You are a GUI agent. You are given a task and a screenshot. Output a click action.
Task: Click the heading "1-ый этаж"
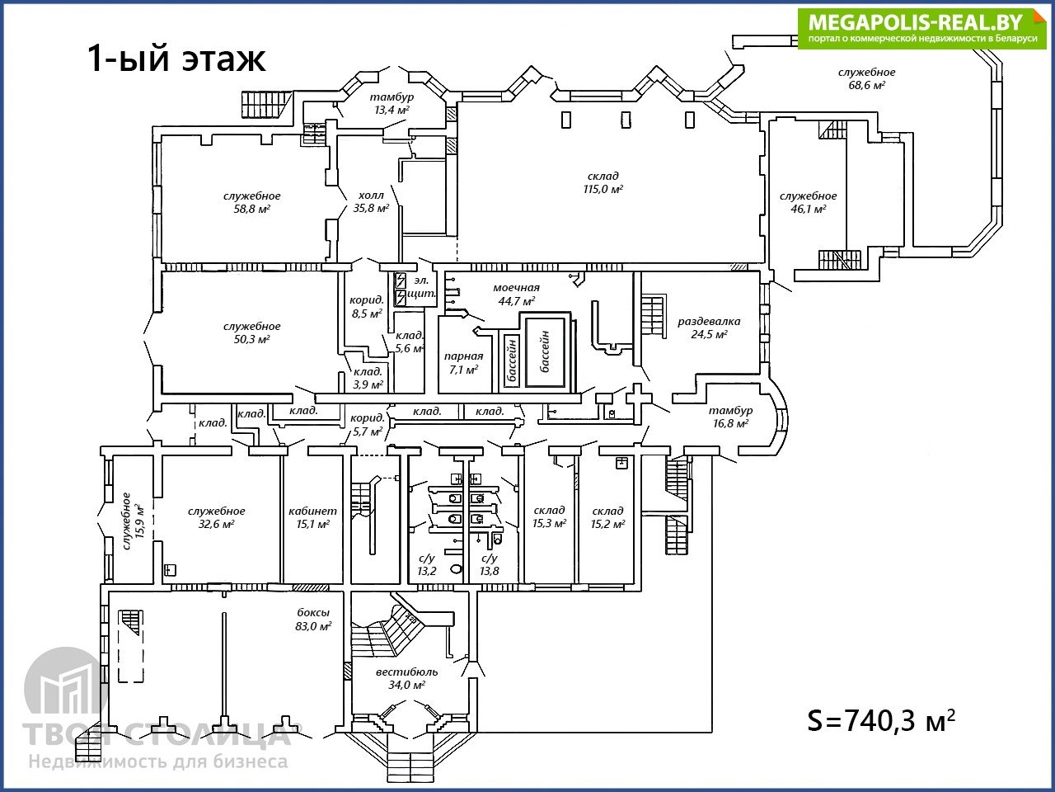pyautogui.click(x=176, y=59)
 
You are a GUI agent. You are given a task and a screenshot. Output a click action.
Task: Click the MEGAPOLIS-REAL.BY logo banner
pyautogui.click(x=921, y=28)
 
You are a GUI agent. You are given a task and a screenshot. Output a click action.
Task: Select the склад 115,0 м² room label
pyautogui.click(x=603, y=182)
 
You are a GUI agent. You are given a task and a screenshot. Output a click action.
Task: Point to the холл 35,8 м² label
pyautogui.click(x=371, y=202)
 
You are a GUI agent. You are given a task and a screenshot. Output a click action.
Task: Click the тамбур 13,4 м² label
pyautogui.click(x=392, y=103)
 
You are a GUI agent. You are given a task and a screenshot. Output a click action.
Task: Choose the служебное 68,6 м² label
pyautogui.click(x=866, y=78)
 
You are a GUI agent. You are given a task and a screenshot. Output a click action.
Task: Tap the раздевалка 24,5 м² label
pyautogui.click(x=709, y=328)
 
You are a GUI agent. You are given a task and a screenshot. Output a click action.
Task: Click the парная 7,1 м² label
pyautogui.click(x=463, y=363)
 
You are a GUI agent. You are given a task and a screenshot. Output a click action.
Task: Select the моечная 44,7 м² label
pyautogui.click(x=517, y=294)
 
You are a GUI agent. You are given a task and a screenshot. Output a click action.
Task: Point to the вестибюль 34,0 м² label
pyautogui.click(x=407, y=678)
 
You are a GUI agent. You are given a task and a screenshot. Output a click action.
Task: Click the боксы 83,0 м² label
pyautogui.click(x=313, y=619)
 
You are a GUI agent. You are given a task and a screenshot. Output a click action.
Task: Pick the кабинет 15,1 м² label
pyautogui.click(x=312, y=517)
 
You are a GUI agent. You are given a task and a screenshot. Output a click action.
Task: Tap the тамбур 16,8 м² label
pyautogui.click(x=730, y=417)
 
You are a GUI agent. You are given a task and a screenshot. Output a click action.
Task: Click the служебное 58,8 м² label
pyautogui.click(x=251, y=202)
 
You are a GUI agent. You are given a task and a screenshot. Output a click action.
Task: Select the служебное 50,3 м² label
pyautogui.click(x=251, y=332)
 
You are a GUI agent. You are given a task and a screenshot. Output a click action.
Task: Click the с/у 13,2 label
pyautogui.click(x=427, y=564)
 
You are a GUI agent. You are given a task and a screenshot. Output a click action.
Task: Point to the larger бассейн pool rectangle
pyautogui.click(x=545, y=351)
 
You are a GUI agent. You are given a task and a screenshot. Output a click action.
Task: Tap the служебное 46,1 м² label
pyautogui.click(x=808, y=202)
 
